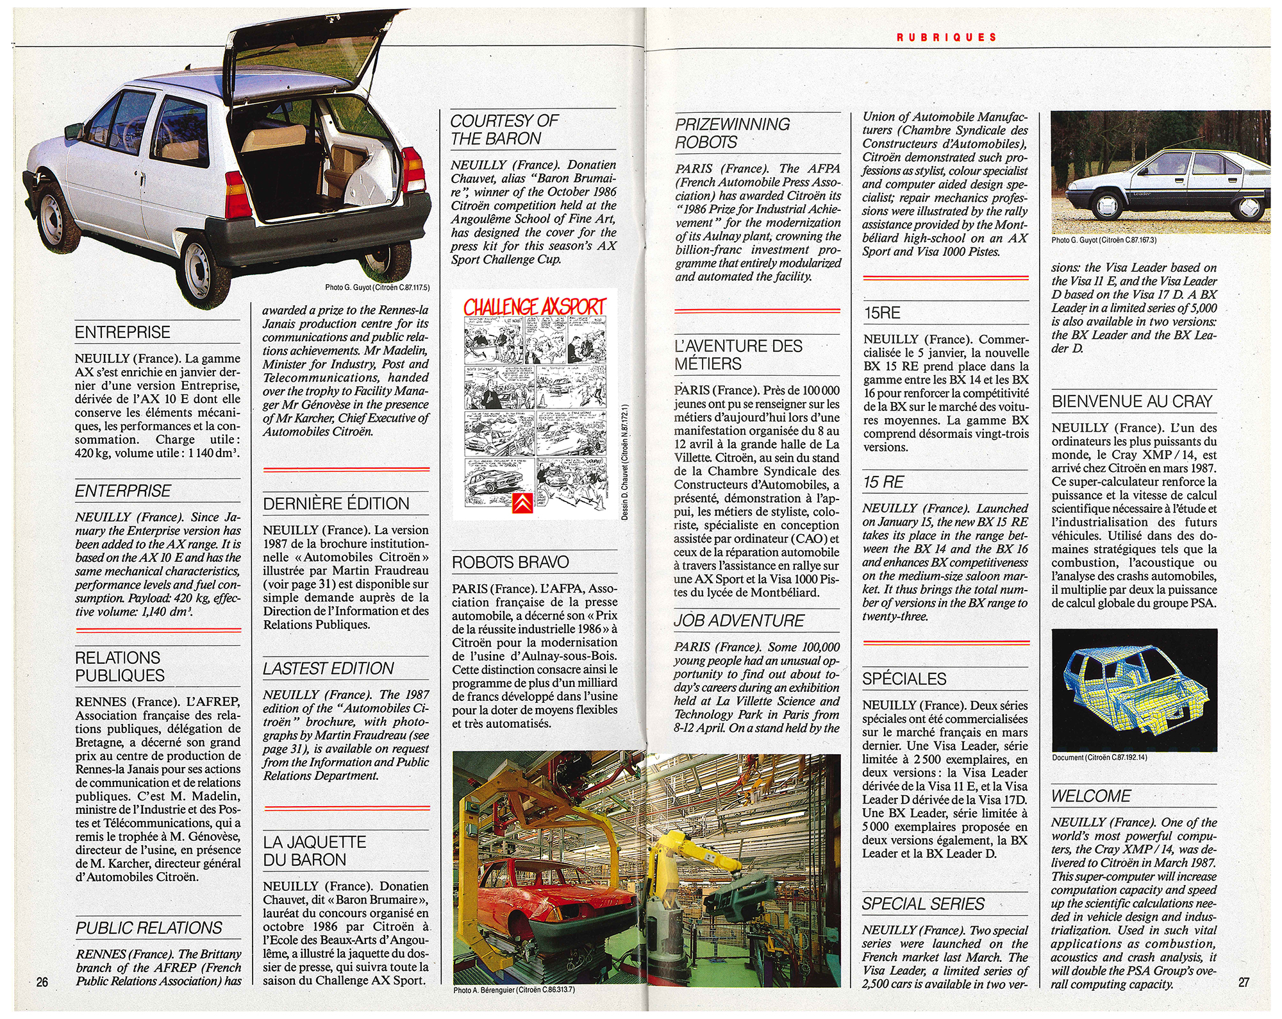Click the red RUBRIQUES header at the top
click(946, 37)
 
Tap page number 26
click(42, 982)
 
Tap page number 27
click(1243, 982)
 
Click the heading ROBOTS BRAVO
click(510, 562)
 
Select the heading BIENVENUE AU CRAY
click(1132, 401)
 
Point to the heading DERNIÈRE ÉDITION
click(336, 503)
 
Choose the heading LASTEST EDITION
click(328, 668)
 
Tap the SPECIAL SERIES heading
click(923, 904)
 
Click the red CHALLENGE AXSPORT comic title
click(535, 307)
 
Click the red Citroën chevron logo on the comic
click(522, 503)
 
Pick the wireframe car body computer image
click(1133, 689)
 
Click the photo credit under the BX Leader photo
click(1104, 240)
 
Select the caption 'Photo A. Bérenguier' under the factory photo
click(514, 990)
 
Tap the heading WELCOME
click(1090, 796)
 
